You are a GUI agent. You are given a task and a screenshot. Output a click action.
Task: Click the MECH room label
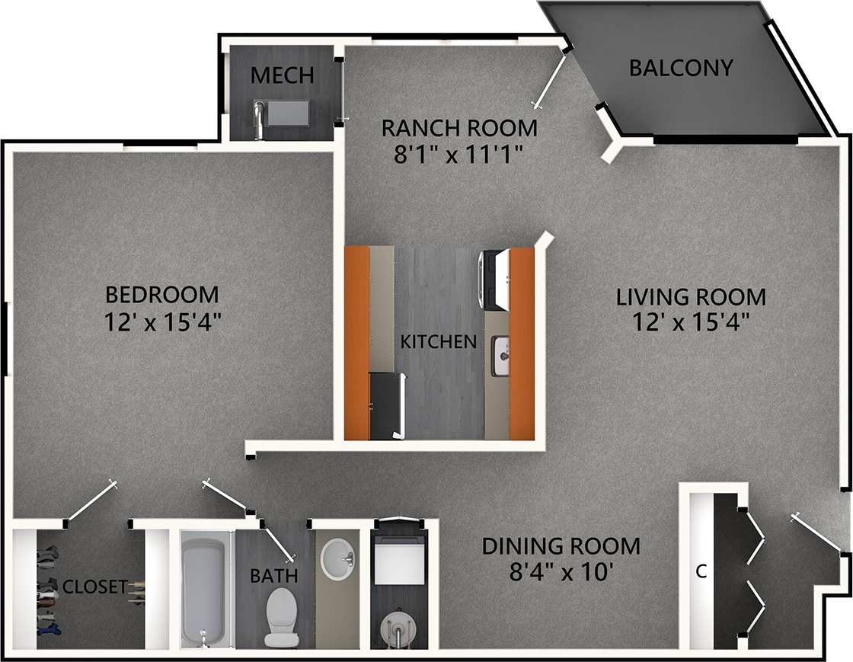coord(282,75)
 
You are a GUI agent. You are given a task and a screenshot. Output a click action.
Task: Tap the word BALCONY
coord(681,68)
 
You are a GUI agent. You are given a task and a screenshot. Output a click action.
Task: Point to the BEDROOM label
coord(161,294)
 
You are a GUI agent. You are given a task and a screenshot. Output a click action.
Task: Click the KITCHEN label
coord(439,341)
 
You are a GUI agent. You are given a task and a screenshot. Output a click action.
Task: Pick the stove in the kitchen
coord(493,280)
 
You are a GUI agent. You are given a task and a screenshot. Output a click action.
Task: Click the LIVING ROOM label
coord(691,296)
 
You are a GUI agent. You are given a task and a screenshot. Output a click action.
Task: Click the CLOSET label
coord(95,587)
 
